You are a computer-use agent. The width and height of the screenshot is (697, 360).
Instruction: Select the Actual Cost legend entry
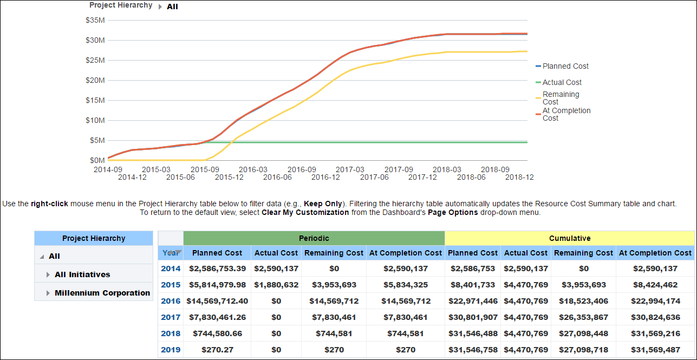[562, 82]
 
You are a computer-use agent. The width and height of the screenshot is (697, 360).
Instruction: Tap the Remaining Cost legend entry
[561, 98]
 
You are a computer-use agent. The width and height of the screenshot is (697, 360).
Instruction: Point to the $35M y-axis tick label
[95, 20]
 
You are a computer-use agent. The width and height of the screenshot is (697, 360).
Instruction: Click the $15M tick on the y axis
[95, 100]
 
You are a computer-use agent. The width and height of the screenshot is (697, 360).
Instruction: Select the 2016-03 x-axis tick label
[253, 169]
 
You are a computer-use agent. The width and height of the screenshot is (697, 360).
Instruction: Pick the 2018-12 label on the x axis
[519, 177]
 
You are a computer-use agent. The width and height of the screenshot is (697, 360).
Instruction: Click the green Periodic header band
[314, 238]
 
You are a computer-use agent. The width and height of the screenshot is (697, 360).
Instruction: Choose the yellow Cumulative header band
[569, 238]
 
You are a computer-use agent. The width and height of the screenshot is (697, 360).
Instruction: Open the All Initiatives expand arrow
[49, 275]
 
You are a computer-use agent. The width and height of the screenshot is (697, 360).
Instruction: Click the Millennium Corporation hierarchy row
[102, 293]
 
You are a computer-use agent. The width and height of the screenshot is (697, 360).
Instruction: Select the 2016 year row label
[171, 301]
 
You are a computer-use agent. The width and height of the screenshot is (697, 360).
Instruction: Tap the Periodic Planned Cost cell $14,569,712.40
[217, 301]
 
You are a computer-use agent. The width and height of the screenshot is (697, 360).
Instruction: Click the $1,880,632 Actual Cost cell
[276, 285]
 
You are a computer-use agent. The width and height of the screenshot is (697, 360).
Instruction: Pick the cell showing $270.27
[217, 350]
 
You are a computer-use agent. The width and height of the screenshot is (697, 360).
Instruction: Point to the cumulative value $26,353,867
[583, 317]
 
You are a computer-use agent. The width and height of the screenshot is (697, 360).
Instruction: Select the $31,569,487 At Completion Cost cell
[655, 350]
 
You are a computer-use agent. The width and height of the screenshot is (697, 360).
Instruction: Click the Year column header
[170, 253]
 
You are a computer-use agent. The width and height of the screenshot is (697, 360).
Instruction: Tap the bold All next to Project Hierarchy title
[172, 7]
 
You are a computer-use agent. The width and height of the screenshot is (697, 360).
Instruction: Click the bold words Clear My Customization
[305, 213]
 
